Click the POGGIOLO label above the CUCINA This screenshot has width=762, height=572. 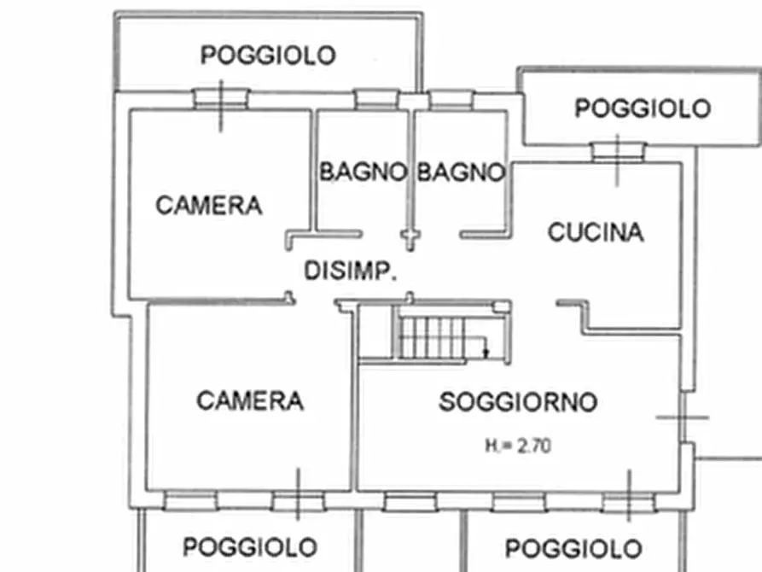pyautogui.click(x=642, y=109)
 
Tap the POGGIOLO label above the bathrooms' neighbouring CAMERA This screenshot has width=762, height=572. pyautogui.click(x=268, y=55)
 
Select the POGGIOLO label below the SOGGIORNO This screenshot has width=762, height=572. pyautogui.click(x=573, y=548)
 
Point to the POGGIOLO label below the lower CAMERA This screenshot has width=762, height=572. pyautogui.click(x=250, y=546)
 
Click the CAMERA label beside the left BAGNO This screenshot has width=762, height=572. pyautogui.click(x=208, y=206)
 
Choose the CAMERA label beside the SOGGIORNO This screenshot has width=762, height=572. pyautogui.click(x=249, y=400)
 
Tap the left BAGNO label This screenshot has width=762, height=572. pyautogui.click(x=363, y=172)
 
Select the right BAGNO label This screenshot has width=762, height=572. pyautogui.click(x=461, y=172)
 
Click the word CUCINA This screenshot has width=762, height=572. pyautogui.click(x=596, y=232)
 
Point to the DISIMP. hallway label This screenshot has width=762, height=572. pyautogui.click(x=351, y=271)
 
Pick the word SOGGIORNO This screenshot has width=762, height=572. pyautogui.click(x=518, y=402)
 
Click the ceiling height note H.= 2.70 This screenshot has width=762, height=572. pyautogui.click(x=518, y=445)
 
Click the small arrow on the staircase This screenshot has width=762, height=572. pyautogui.click(x=485, y=348)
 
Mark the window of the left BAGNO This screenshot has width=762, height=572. pyautogui.click(x=376, y=100)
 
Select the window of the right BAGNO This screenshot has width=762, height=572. pyautogui.click(x=451, y=100)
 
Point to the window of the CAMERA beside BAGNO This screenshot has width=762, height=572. pyautogui.click(x=220, y=99)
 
